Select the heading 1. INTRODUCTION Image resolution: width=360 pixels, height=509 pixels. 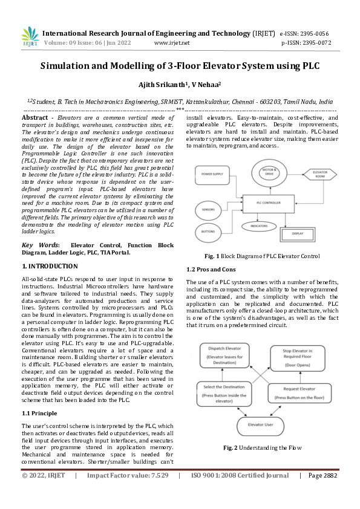pyautogui.click(x=50, y=266)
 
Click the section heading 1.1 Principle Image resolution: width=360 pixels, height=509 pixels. pyautogui.click(x=40, y=413)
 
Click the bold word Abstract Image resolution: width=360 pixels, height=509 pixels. pyautogui.click(x=34, y=117)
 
